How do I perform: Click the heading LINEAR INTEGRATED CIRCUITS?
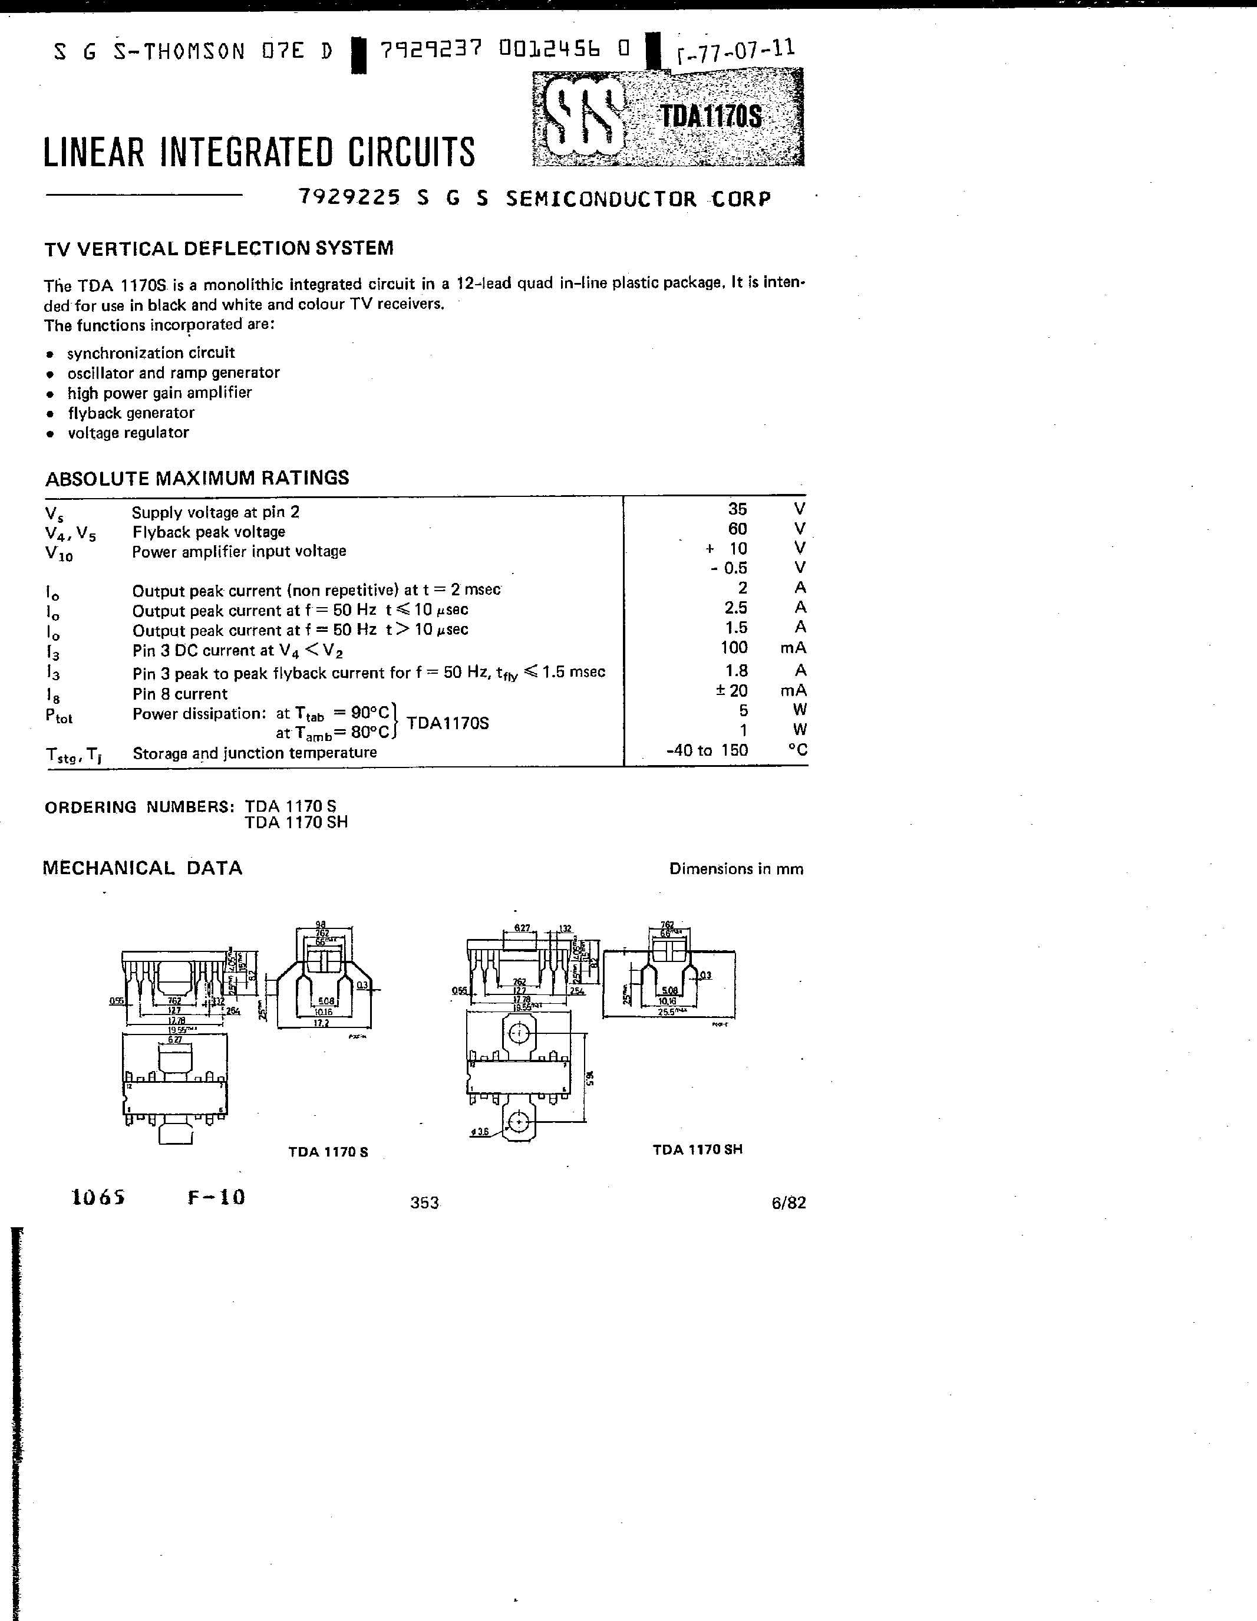259,152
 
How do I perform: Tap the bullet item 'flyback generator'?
131,413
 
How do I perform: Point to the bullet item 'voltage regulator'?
128,433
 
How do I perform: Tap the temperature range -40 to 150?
707,750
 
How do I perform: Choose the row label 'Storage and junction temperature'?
255,753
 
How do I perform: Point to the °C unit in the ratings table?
798,750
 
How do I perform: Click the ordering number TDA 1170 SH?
296,822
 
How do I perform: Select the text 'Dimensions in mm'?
736,869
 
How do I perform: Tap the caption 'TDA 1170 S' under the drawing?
328,1152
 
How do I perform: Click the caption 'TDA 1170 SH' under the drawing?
698,1149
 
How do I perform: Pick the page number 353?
424,1203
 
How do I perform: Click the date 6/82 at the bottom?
788,1203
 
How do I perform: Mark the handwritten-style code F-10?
216,1197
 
